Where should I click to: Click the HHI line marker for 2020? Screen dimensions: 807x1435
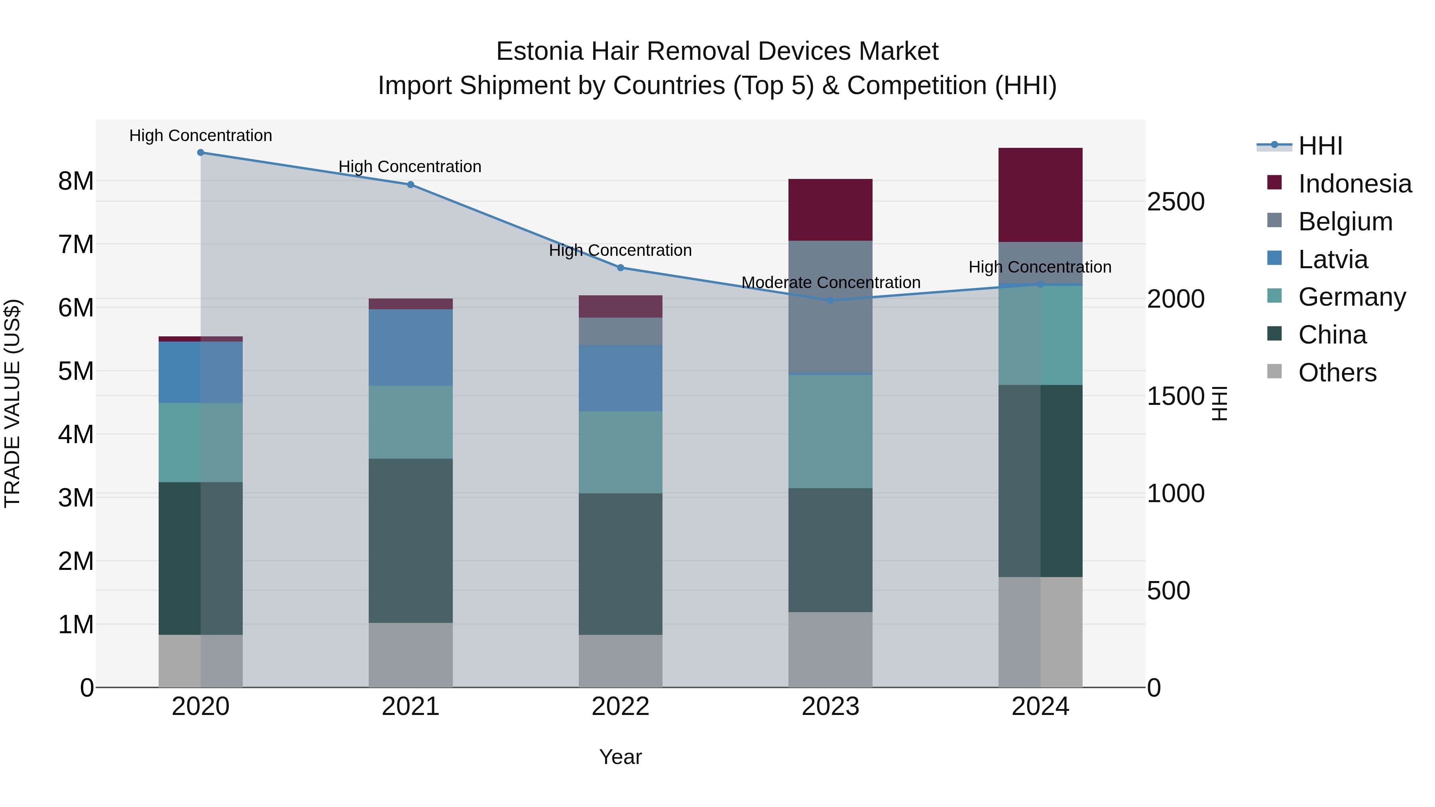pos(201,153)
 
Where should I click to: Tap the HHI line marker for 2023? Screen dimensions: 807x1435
pos(830,300)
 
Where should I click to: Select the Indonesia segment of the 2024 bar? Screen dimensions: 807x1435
pos(1040,195)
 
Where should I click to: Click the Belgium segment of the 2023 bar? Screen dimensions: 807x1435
pos(830,306)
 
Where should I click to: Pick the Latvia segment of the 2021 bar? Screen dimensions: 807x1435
pos(411,348)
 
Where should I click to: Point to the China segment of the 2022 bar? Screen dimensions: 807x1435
pos(620,564)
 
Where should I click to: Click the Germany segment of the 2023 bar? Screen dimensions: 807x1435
pos(830,432)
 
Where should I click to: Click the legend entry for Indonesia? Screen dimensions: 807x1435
pos(1354,184)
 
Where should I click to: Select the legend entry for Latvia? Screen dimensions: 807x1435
pos(1333,259)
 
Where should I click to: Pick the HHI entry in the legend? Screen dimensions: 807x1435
pos(1320,146)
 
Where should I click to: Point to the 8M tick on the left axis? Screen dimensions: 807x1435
pos(76,181)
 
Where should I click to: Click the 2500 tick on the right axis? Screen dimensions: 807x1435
pos(1176,202)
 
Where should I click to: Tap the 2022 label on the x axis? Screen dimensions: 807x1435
pos(620,707)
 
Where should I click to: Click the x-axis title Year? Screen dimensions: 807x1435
pos(620,757)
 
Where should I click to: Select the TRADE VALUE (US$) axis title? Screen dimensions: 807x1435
pos(13,403)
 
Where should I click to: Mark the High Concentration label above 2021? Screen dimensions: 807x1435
pos(410,167)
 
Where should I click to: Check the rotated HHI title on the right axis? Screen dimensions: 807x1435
pos(1219,403)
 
